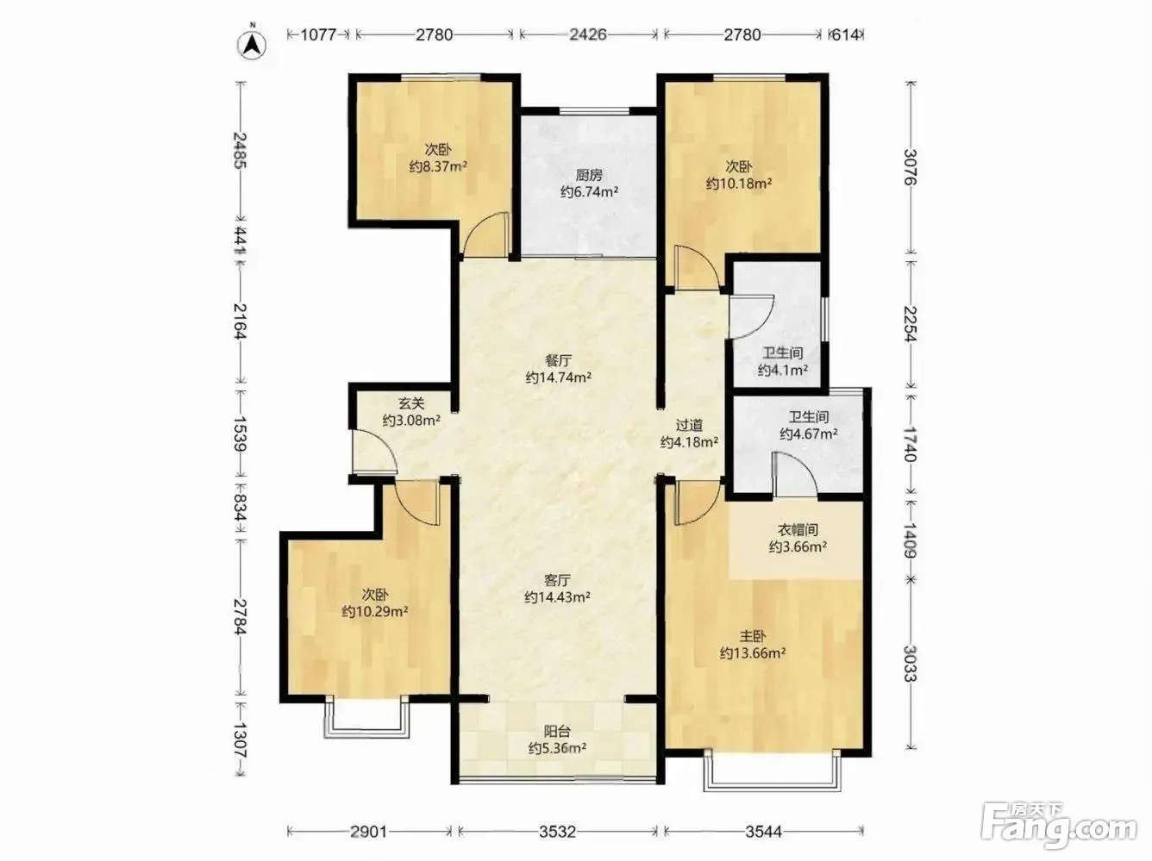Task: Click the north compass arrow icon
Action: point(252,45)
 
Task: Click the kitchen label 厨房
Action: point(589,175)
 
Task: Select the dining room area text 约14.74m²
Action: point(559,377)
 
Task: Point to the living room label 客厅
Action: point(557,580)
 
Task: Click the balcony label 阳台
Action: point(557,731)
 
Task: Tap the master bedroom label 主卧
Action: point(753,637)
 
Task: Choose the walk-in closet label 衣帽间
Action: point(798,530)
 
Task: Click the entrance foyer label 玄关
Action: point(411,403)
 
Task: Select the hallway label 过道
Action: point(689,425)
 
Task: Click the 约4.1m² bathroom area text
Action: point(783,371)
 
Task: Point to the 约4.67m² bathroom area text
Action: point(808,434)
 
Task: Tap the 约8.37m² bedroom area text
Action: point(438,166)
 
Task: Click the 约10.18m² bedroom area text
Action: point(738,184)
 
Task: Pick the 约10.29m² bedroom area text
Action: point(375,611)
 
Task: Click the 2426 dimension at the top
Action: point(588,34)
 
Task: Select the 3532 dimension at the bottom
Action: point(557,832)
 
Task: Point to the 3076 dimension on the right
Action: point(911,167)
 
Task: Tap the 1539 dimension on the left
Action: point(241,434)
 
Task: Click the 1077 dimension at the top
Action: point(318,34)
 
